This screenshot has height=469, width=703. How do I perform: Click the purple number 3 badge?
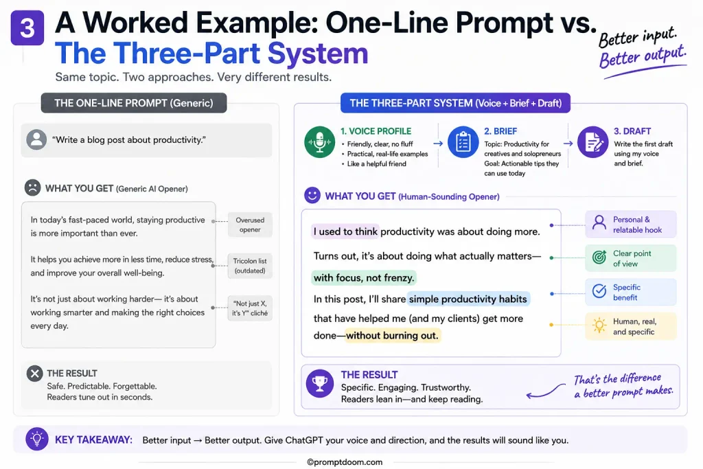coord(27,27)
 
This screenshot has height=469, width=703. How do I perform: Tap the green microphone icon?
coord(319,142)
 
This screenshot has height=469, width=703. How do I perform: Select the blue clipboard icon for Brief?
coord(463,142)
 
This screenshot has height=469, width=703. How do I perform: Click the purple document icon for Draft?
coord(592,142)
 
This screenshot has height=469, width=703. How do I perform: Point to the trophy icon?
coord(320,384)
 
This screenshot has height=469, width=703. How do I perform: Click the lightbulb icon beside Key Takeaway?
coord(37,439)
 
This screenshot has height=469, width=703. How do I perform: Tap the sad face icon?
coord(32,187)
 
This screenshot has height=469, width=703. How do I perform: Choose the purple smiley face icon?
coord(312,195)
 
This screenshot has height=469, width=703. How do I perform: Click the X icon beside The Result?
coord(34,374)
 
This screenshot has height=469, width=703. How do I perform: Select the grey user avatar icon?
coord(36,139)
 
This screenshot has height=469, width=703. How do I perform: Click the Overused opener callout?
coord(250,225)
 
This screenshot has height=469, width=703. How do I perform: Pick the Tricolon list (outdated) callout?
coord(250,266)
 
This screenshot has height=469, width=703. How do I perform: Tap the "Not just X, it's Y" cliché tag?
coord(250,308)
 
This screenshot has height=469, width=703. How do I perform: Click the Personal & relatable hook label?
coord(630,224)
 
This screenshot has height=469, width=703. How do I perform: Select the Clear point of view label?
coord(630,258)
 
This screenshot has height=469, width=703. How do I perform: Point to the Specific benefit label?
coord(630,292)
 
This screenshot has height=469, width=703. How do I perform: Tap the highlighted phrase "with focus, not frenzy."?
coord(364,278)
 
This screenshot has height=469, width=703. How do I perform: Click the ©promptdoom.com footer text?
coord(345,462)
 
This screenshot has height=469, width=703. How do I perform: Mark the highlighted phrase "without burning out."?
coord(392,335)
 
